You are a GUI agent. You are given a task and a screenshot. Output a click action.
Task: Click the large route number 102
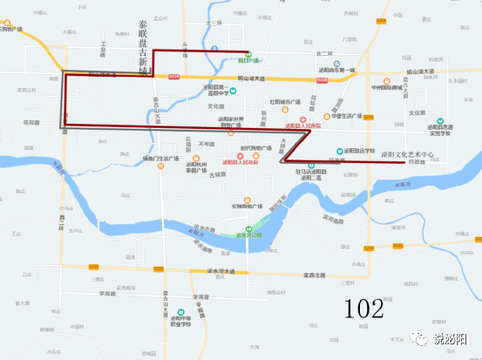pos(363,308)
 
